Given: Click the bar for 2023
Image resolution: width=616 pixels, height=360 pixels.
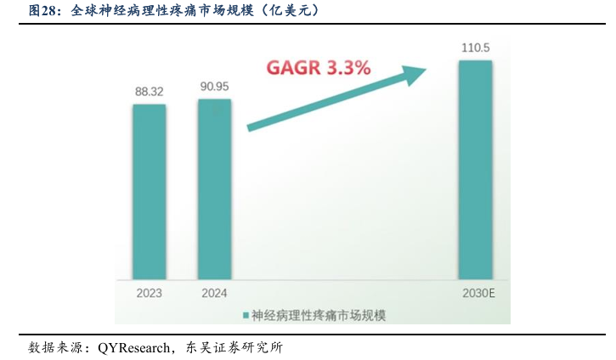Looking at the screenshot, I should tap(150, 191).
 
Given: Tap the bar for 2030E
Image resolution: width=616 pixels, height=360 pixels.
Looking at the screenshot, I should tap(475, 170).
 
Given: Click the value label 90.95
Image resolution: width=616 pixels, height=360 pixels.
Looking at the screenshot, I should tap(214, 86).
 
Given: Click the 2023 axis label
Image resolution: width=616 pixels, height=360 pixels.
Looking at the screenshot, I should tap(150, 294).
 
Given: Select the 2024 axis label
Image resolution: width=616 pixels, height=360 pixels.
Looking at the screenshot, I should tap(214, 294).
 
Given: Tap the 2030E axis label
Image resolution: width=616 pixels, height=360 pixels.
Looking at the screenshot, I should tap(475, 294).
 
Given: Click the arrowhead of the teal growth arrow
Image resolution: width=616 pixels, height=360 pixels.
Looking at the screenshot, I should tap(411, 74).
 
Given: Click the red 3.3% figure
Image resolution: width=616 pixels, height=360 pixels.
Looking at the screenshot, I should tap(349, 67).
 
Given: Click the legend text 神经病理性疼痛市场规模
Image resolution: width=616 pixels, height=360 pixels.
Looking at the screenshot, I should tap(319, 315).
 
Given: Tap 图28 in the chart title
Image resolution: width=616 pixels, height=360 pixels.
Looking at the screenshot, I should tap(43, 11).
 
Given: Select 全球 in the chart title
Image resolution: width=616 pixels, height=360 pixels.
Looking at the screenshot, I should tap(82, 11).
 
